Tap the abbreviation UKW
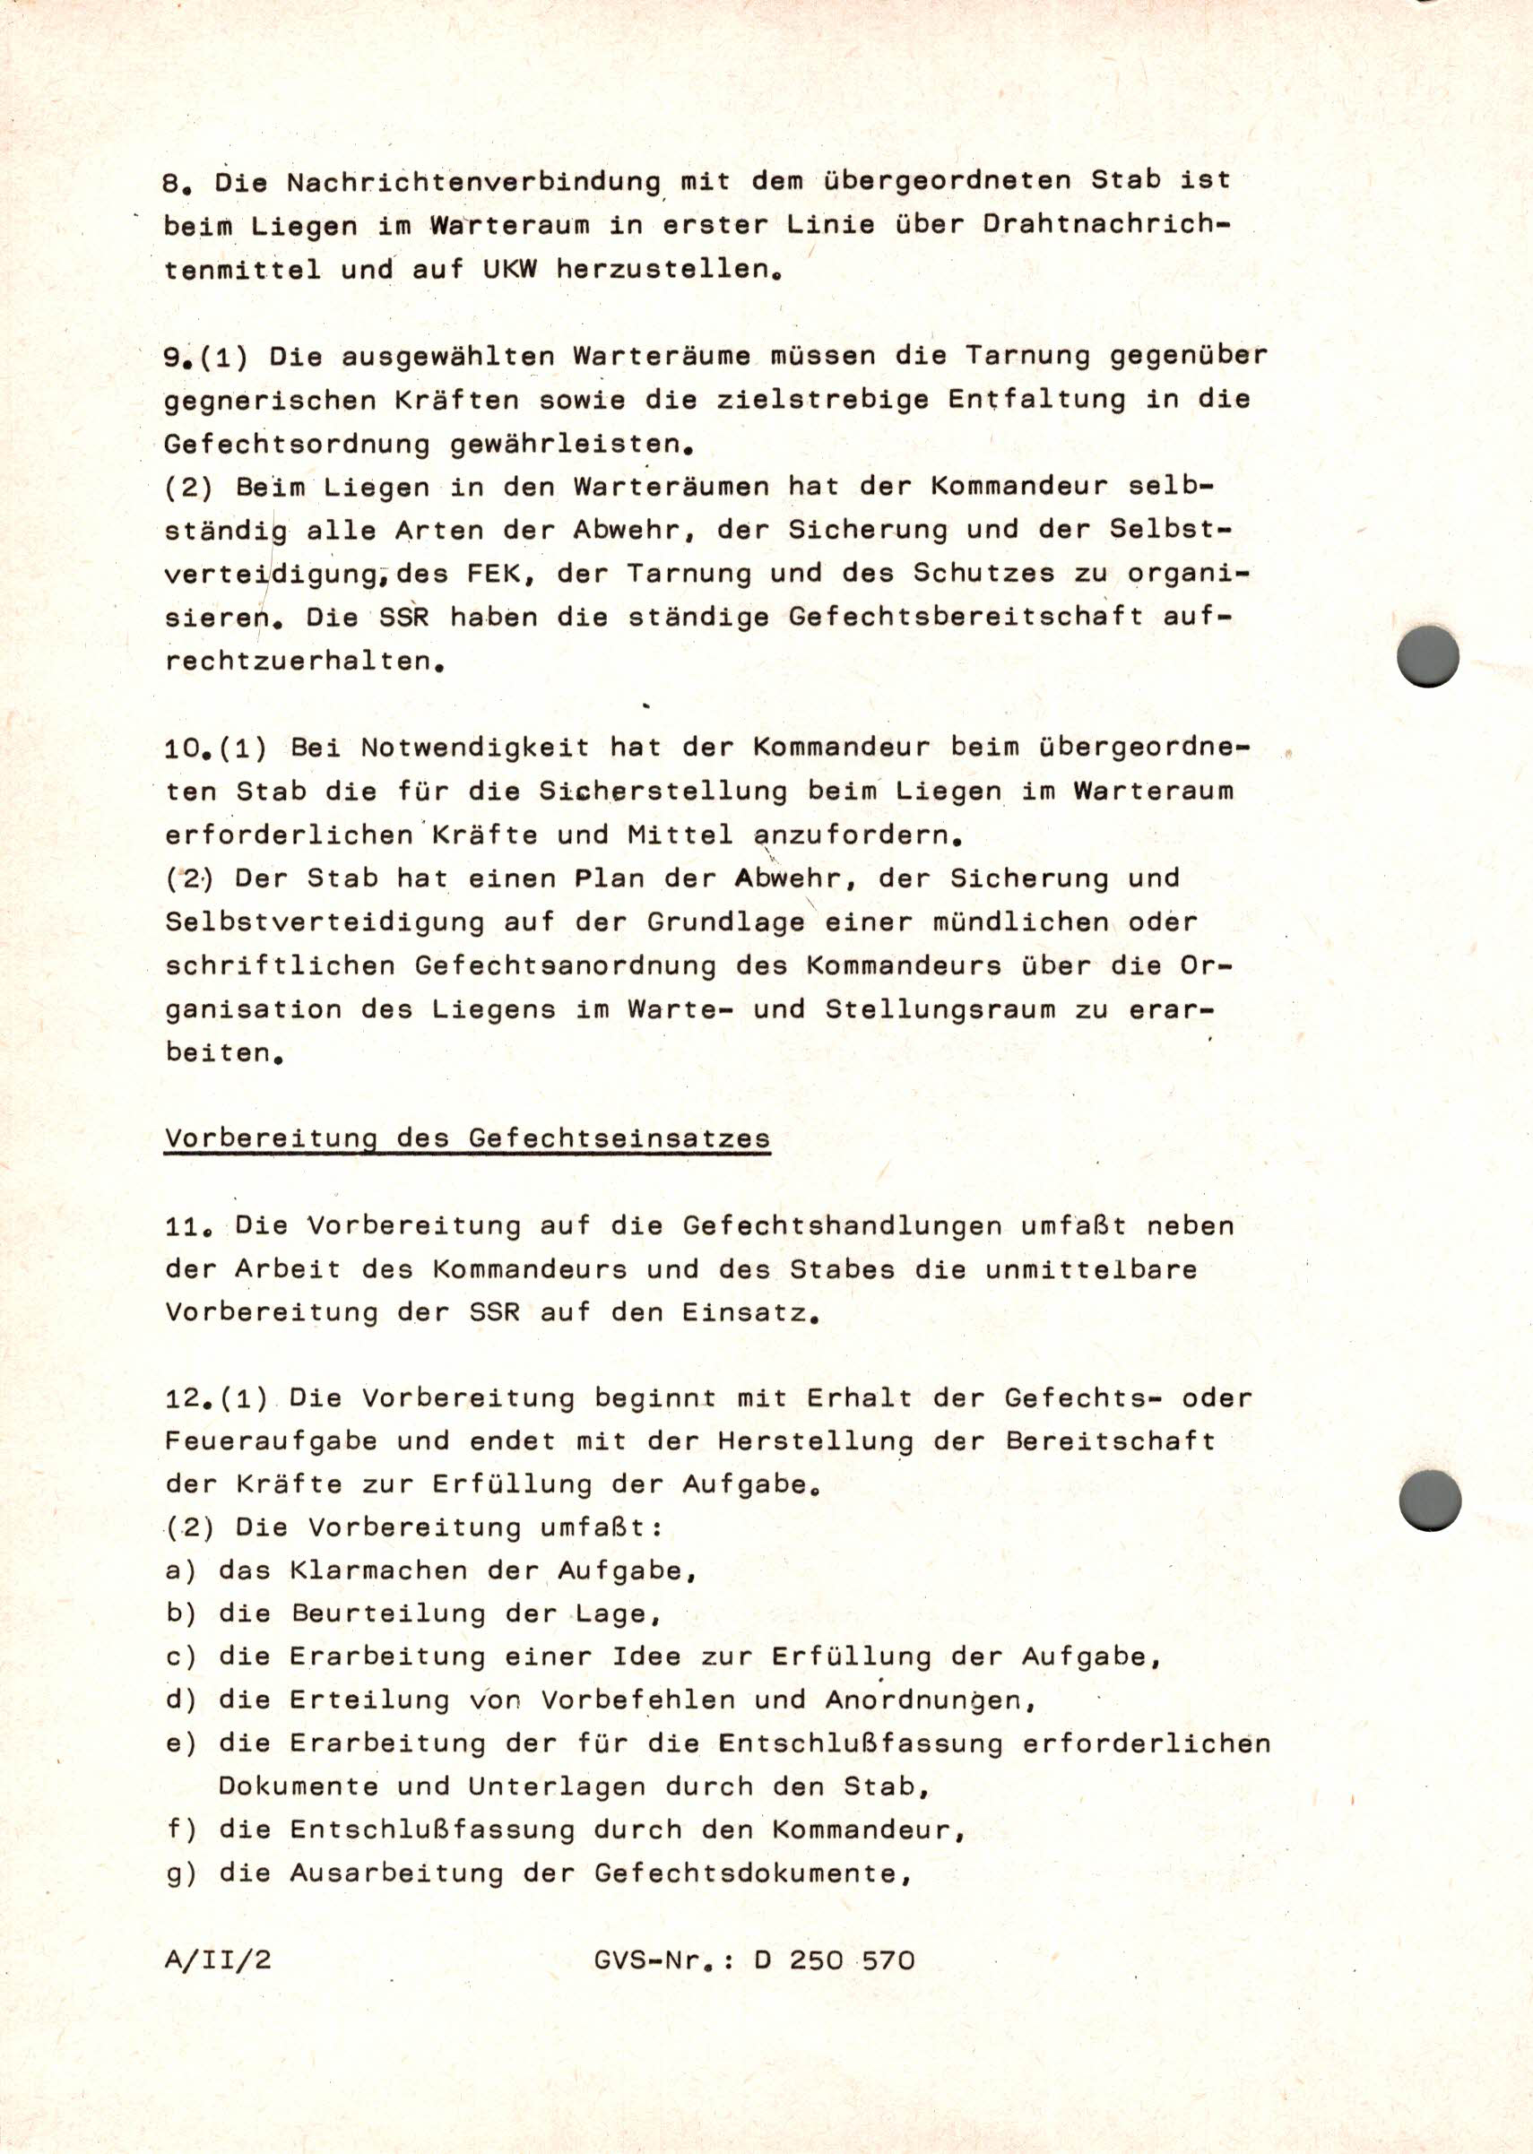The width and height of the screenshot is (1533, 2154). (510, 270)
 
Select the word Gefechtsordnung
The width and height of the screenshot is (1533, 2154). (298, 445)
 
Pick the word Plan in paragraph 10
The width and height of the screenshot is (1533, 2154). (610, 878)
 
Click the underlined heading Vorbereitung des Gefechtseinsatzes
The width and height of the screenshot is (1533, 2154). (467, 1138)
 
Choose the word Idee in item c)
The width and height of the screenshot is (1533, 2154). (646, 1657)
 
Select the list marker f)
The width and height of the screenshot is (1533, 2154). (181, 1830)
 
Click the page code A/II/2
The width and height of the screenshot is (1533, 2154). (218, 1960)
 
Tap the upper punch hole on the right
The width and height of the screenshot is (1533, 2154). (1427, 656)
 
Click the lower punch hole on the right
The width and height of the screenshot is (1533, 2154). (1429, 1501)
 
